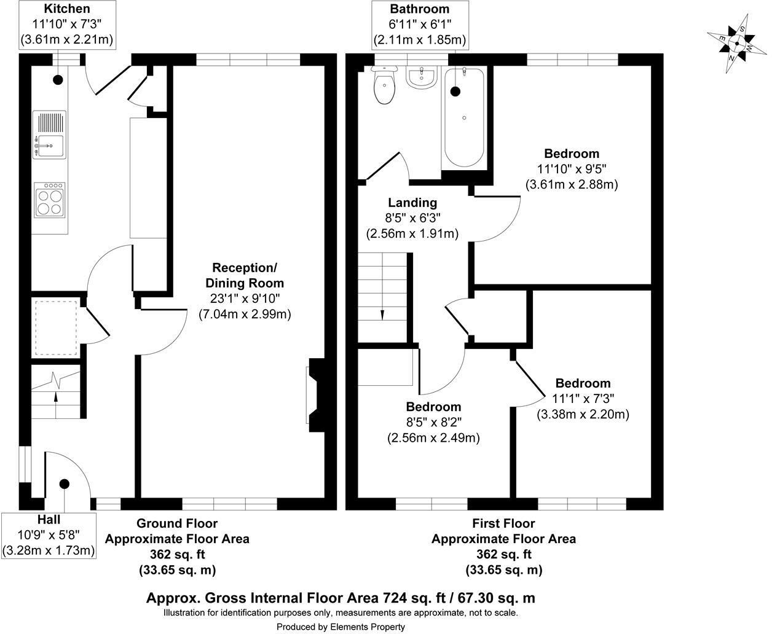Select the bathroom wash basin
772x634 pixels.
coord(421,78)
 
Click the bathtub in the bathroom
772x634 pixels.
coord(464,117)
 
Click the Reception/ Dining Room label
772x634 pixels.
coord(245,275)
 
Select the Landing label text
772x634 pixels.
coord(412,203)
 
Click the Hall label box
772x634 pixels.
coord(49,535)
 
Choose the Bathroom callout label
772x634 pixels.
coord(420,25)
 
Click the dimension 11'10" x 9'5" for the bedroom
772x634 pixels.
coord(571,169)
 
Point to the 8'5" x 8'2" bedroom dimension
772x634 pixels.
coord(433,422)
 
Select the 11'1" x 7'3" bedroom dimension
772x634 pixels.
coord(583,399)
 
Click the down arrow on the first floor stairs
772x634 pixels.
coord(382,313)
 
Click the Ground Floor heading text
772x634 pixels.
coord(176,523)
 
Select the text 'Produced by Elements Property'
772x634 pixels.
coord(341,627)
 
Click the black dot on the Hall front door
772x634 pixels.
coord(63,484)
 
